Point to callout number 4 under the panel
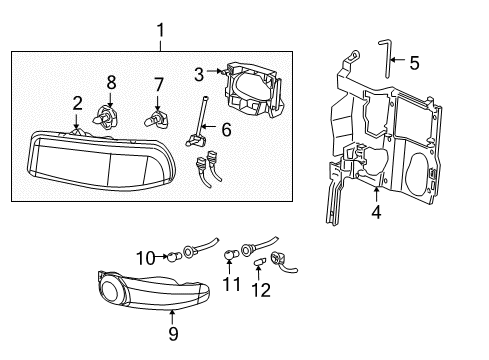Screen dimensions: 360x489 [x=375, y=211]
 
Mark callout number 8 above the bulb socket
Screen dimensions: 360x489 [x=111, y=81]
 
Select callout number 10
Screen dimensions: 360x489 [x=145, y=259]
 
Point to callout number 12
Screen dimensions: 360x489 [x=262, y=290]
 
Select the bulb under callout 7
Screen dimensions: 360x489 [x=157, y=121]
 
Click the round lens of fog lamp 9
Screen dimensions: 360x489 [x=118, y=292]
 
